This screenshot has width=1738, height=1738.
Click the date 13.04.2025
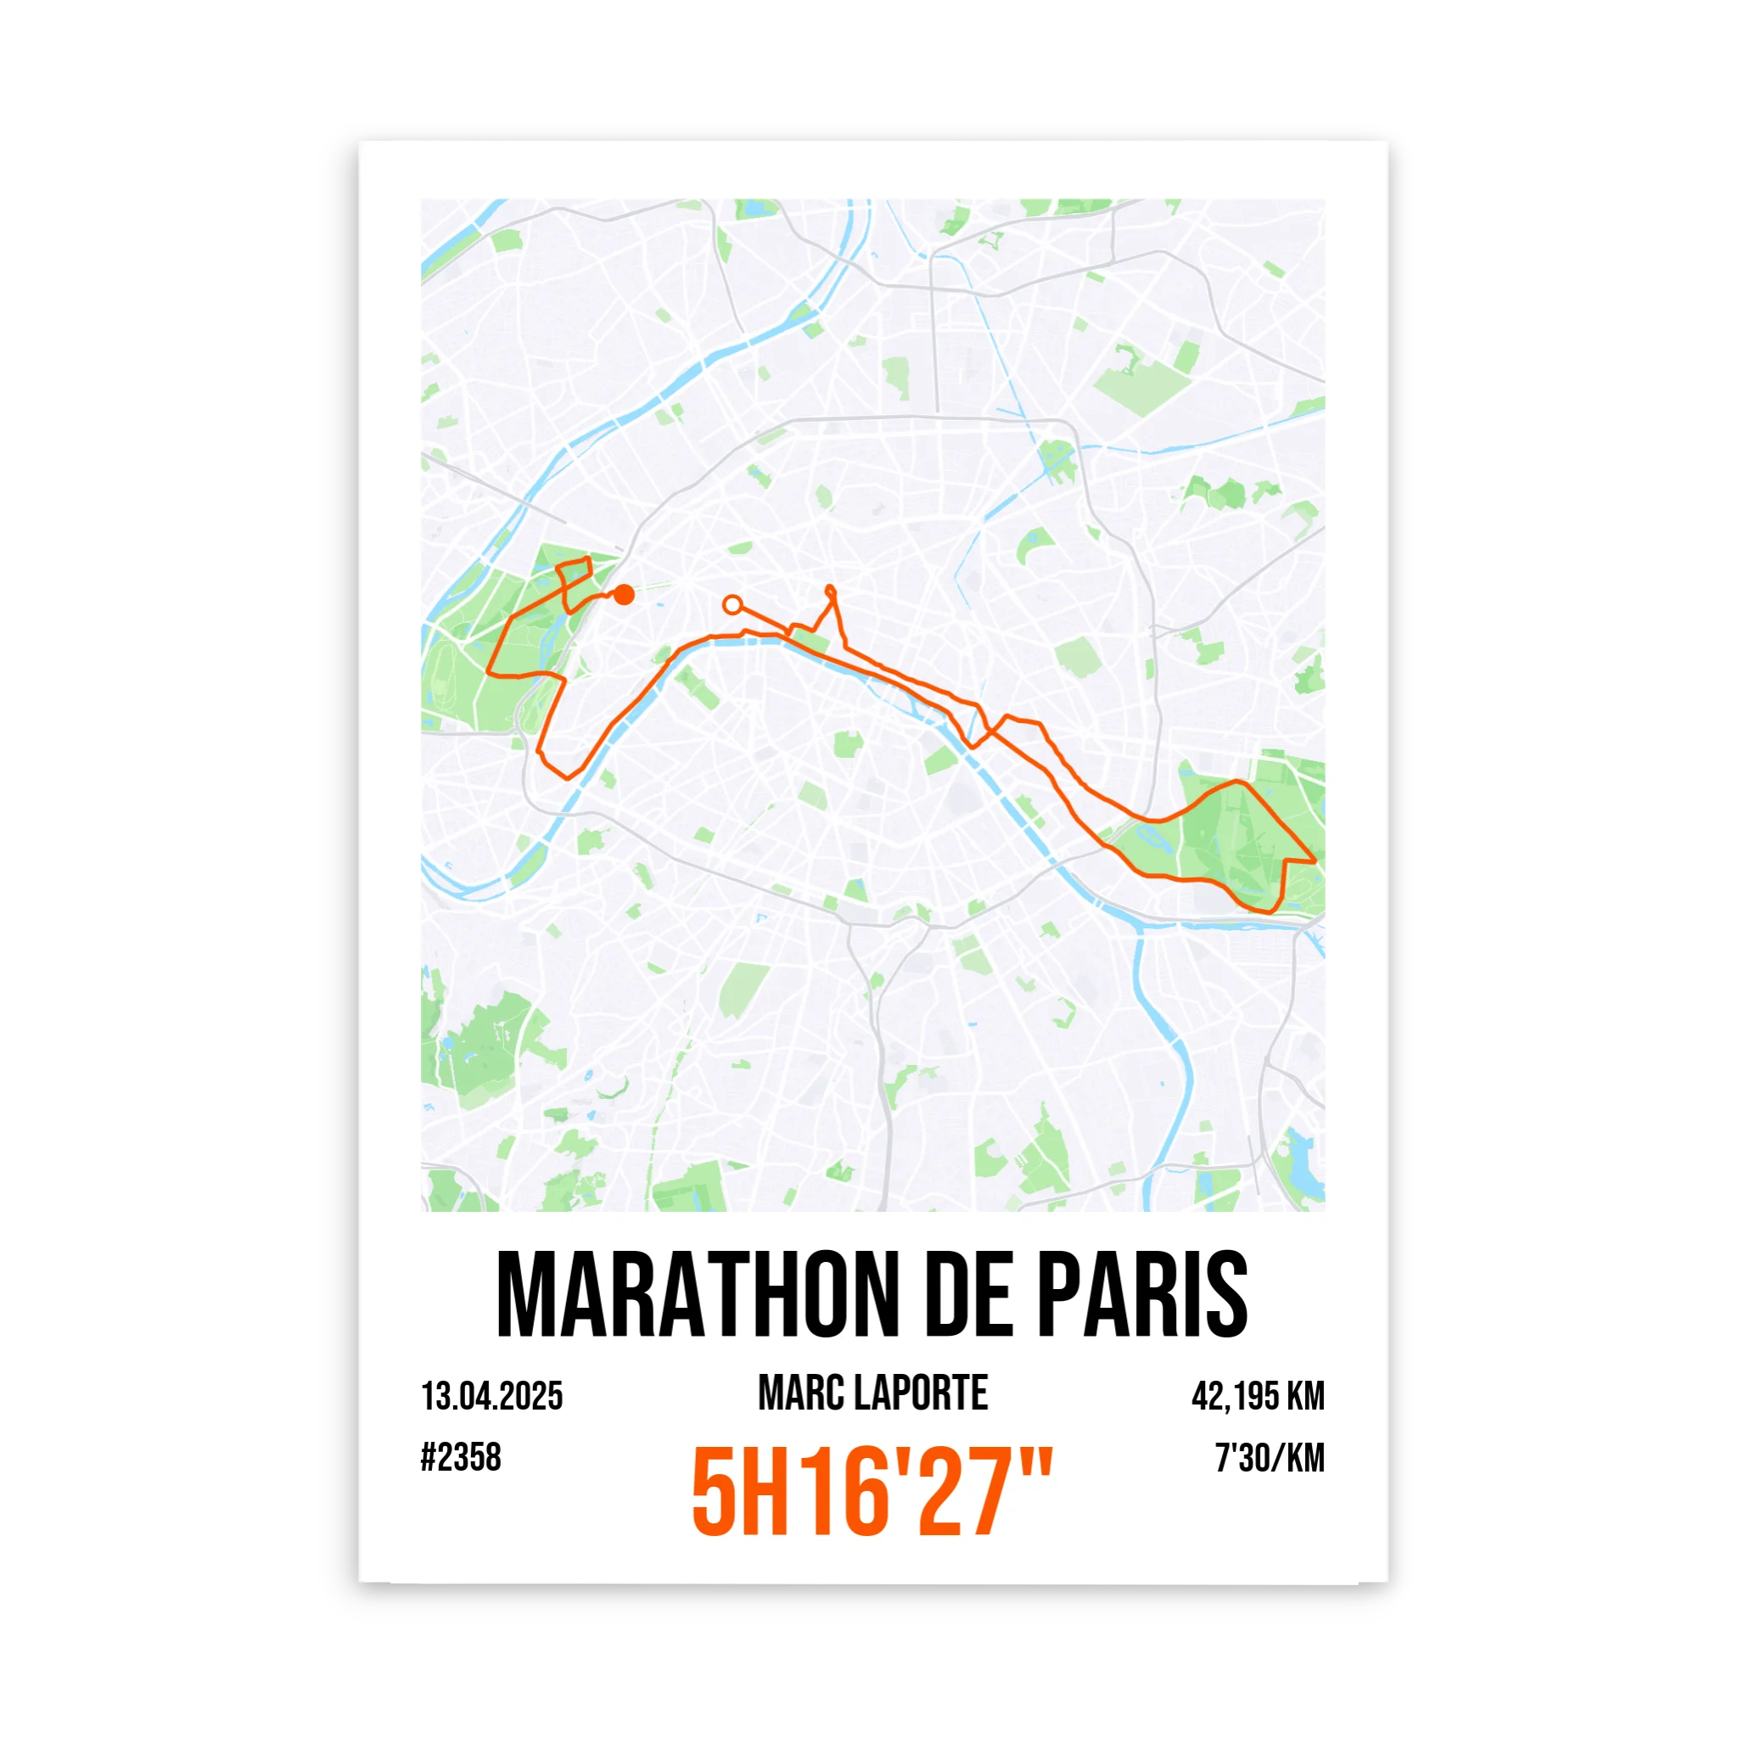tap(492, 1396)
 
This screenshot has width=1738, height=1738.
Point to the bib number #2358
tap(461, 1457)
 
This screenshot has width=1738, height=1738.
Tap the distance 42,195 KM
tap(1258, 1396)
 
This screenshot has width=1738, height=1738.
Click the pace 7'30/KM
tap(1270, 1458)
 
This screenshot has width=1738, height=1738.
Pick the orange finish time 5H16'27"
tap(871, 1494)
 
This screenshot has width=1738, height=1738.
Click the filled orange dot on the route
tap(624, 595)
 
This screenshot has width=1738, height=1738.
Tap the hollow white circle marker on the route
tap(733, 604)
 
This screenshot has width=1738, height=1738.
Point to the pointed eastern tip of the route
tap(1315, 861)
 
